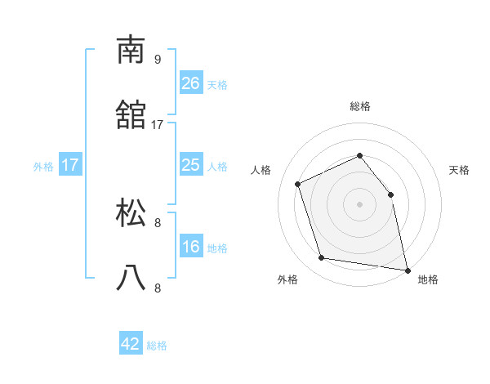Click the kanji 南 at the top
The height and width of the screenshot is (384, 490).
131,50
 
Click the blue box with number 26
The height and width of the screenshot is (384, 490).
190,83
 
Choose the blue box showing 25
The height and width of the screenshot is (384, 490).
190,165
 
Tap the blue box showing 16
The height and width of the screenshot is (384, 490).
190,247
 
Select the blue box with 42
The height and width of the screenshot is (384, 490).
131,344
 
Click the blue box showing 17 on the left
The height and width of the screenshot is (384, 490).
70,165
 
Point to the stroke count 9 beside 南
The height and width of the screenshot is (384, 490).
158,59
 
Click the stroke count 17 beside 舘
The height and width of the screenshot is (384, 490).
158,124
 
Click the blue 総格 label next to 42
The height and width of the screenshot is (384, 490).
157,346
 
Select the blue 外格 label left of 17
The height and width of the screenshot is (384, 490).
43,167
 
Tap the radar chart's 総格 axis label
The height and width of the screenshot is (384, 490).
359,106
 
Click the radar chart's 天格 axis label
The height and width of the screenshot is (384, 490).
459,170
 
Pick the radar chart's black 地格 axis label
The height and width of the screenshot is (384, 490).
428,279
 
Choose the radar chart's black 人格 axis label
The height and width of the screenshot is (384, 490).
261,170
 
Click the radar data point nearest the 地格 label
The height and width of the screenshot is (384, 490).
407,269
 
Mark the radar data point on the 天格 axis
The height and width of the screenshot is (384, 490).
390,194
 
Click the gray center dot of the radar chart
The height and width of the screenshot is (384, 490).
359,204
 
